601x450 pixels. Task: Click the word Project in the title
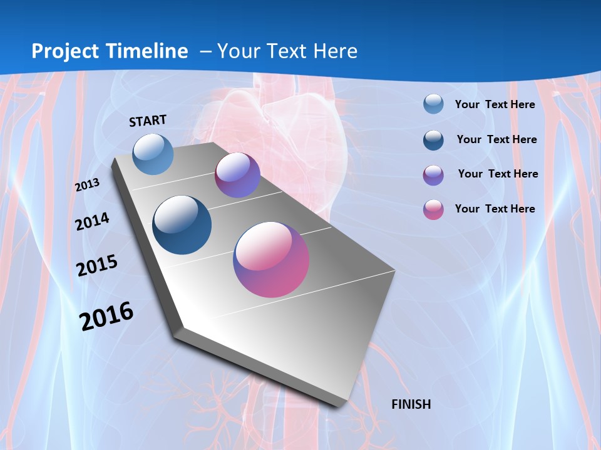tap(66, 51)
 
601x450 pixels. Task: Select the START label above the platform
tap(148, 121)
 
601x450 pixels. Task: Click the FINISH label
tap(411, 404)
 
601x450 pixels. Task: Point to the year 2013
tap(87, 185)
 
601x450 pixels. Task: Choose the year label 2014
tap(92, 222)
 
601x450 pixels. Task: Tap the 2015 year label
tap(97, 266)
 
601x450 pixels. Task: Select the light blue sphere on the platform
tap(153, 154)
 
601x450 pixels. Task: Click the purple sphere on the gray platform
tap(237, 175)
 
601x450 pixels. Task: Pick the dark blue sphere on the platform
tap(182, 225)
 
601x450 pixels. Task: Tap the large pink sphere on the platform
tap(271, 259)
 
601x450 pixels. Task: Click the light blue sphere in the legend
tap(433, 104)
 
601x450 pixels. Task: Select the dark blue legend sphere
tap(433, 140)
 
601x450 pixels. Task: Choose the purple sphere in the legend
tap(433, 175)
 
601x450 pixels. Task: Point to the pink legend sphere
tap(433, 209)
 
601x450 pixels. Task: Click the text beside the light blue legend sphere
tap(495, 104)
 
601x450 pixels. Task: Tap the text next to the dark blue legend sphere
tap(496, 139)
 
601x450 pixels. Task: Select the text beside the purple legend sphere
tap(498, 174)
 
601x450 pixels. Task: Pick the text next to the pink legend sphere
tap(495, 209)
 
